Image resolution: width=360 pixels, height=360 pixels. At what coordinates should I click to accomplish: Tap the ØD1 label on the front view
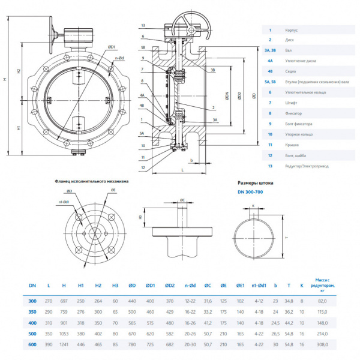tap(112, 46)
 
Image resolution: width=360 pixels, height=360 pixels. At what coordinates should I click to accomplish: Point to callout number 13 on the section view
tap(143, 25)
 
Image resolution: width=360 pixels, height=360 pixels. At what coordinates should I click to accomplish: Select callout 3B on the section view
tap(213, 70)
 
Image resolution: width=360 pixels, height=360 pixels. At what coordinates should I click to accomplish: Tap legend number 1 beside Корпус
tap(271, 29)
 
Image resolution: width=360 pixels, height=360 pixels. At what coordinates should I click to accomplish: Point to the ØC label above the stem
tap(182, 199)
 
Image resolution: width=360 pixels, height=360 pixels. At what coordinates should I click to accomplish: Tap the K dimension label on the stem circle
tap(252, 205)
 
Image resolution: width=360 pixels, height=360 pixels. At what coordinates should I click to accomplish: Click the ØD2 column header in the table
tap(170, 286)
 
